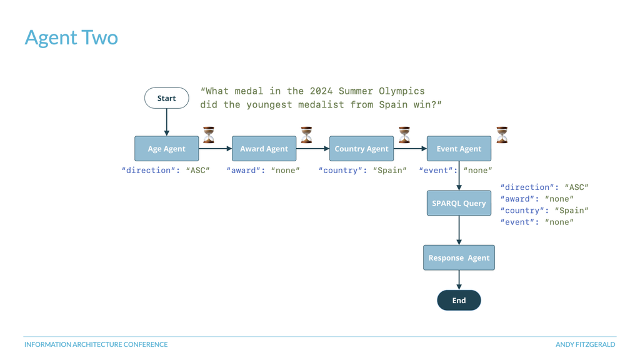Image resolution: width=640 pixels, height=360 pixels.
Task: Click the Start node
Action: click(x=166, y=98)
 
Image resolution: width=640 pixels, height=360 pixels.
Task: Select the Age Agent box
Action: click(x=166, y=149)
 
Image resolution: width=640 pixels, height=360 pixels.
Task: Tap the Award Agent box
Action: click(x=264, y=149)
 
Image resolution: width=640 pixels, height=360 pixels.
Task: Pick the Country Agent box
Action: click(x=362, y=149)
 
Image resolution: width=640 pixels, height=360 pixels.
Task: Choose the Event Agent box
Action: click(x=459, y=149)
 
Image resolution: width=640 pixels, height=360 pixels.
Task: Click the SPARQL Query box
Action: click(x=459, y=203)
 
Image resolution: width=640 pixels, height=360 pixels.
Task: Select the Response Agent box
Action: click(x=459, y=257)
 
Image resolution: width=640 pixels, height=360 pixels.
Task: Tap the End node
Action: click(x=459, y=301)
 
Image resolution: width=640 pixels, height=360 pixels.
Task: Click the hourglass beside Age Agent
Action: click(x=209, y=135)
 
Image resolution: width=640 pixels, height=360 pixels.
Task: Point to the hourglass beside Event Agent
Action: click(x=502, y=135)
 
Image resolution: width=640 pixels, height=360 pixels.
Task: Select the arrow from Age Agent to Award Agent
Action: click(x=216, y=149)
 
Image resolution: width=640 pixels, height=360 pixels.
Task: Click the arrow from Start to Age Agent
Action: click(x=166, y=122)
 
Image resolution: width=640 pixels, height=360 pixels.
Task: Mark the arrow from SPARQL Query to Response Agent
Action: click(x=459, y=230)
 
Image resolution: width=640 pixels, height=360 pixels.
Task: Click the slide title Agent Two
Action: click(x=71, y=37)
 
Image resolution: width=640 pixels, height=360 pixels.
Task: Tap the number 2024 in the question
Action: click(x=321, y=91)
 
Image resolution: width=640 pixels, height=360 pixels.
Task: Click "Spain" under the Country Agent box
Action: click(x=390, y=170)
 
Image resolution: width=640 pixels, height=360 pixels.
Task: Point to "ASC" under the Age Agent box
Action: click(x=198, y=170)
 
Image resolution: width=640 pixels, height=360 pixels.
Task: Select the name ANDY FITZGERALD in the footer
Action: click(x=585, y=344)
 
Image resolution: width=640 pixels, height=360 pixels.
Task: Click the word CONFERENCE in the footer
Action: click(x=146, y=344)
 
